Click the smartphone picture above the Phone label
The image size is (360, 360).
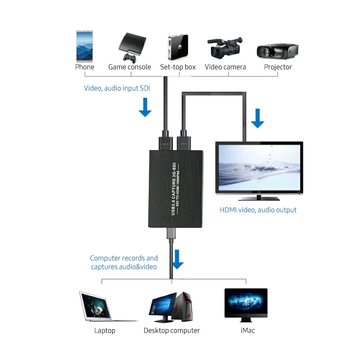(x=84, y=46)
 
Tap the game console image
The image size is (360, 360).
(x=132, y=47)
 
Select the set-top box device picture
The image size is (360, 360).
(x=178, y=47)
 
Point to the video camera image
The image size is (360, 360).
(x=225, y=48)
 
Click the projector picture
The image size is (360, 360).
(x=277, y=51)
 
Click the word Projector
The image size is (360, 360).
(x=278, y=67)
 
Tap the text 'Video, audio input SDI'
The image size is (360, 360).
(x=117, y=88)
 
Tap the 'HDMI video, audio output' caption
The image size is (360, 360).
(x=258, y=210)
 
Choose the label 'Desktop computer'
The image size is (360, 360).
(x=172, y=330)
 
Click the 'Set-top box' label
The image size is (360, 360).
(x=178, y=67)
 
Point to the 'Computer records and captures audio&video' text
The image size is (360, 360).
(x=124, y=262)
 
